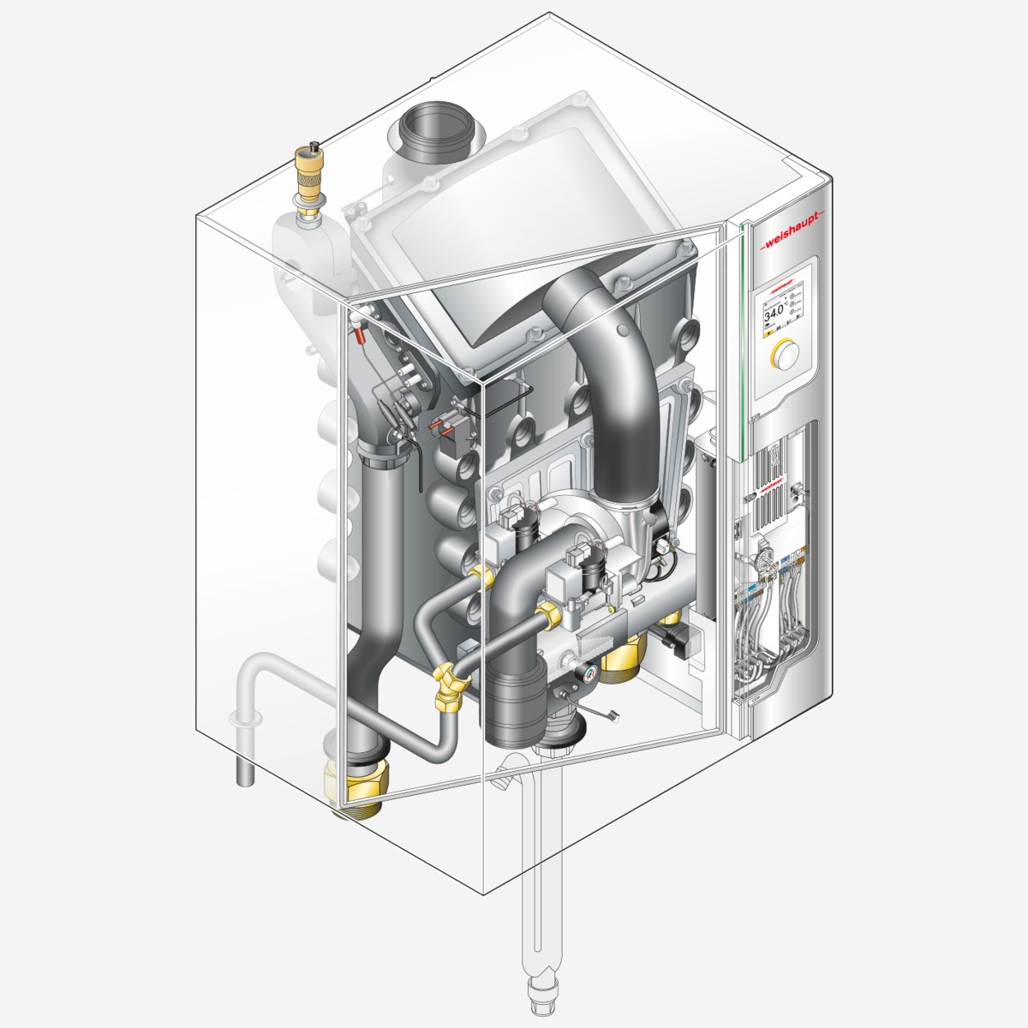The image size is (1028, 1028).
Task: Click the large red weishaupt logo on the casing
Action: (791, 234)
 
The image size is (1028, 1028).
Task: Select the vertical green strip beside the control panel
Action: (738, 343)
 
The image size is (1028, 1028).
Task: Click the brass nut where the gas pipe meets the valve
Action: (546, 611)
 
